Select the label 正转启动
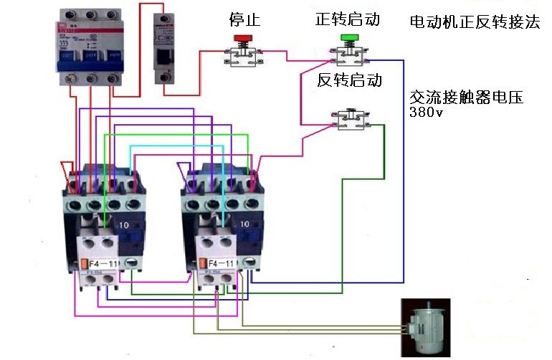(348, 19)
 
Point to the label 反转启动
(349, 80)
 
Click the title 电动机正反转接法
(474, 22)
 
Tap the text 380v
(425, 113)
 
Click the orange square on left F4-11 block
(85, 264)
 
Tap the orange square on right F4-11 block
(203, 264)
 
